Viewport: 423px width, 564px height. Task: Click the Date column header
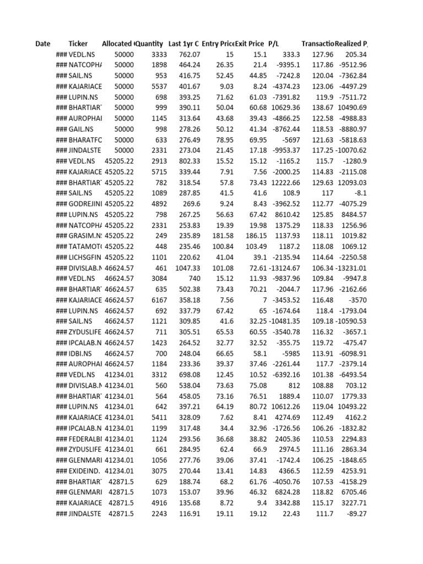pyautogui.click(x=42, y=44)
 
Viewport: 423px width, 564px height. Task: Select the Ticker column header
pyautogui.click(x=78, y=44)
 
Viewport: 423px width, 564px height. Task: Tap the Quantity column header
pyautogui.click(x=149, y=44)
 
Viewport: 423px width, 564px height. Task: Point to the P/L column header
pyautogui.click(x=274, y=44)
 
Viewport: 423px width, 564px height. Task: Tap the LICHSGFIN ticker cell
pyautogui.click(x=85, y=257)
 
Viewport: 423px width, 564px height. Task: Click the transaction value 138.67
pyautogui.click(x=322, y=107)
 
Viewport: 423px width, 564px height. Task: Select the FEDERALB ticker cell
pyautogui.click(x=85, y=438)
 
